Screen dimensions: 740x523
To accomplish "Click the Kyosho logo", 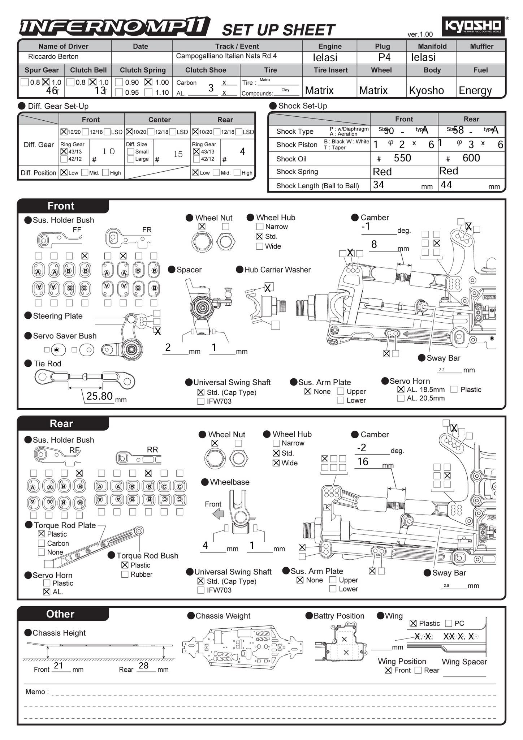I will [472, 26].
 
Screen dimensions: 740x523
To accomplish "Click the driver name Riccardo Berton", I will [53, 57].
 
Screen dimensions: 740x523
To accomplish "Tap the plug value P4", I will [384, 57].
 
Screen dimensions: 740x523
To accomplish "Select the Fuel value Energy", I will [475, 90].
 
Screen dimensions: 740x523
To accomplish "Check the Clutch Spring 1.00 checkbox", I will [148, 82].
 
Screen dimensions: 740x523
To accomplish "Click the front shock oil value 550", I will [402, 158].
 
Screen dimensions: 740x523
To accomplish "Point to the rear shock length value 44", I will [446, 185].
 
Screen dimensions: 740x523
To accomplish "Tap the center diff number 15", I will [178, 154].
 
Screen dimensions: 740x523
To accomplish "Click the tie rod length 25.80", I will [100, 396].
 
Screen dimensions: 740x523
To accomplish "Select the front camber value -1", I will [366, 227].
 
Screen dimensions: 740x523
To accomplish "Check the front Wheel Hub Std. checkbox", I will [259, 237].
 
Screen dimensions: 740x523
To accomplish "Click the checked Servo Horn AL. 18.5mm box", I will [401, 390].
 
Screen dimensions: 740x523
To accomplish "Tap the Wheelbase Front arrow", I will [218, 514].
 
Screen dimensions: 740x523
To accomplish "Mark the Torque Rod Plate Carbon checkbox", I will [42, 543].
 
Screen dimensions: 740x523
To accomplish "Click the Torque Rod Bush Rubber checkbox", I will [125, 574].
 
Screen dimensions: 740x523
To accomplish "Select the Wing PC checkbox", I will [449, 623].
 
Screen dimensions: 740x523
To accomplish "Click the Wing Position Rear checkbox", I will [418, 670].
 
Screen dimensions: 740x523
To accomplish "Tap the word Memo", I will [35, 692].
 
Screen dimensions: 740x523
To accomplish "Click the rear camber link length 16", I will [363, 461].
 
